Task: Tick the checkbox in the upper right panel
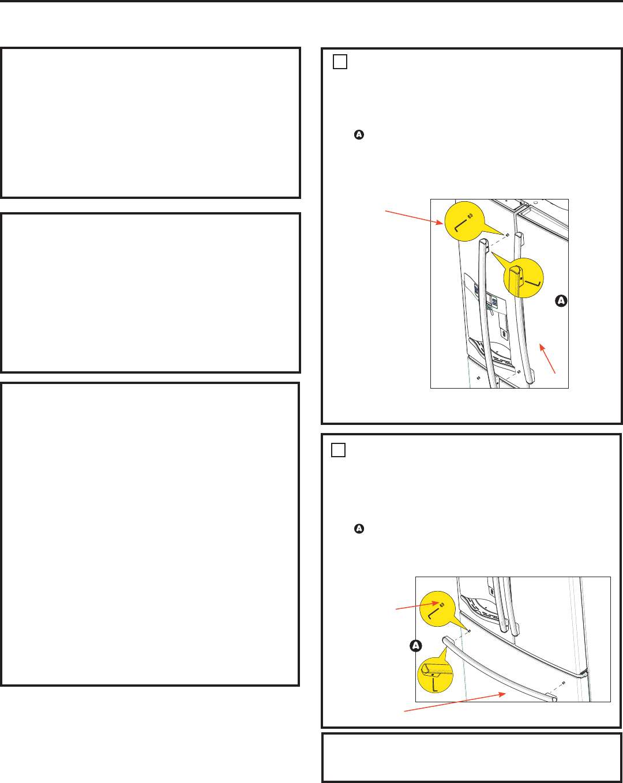pos(340,62)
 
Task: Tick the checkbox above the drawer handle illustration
pos(338,450)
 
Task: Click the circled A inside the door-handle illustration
pos(561,300)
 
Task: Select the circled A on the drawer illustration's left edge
pos(415,645)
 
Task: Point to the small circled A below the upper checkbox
pos(359,134)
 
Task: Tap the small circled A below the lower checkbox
pos(359,528)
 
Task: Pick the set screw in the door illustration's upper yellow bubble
pos(470,216)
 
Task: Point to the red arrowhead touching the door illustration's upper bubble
pos(440,223)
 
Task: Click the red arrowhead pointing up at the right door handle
pos(542,348)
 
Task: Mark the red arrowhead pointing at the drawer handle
pos(502,694)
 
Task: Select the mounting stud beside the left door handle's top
pos(508,235)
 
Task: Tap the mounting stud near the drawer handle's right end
pos(564,683)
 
